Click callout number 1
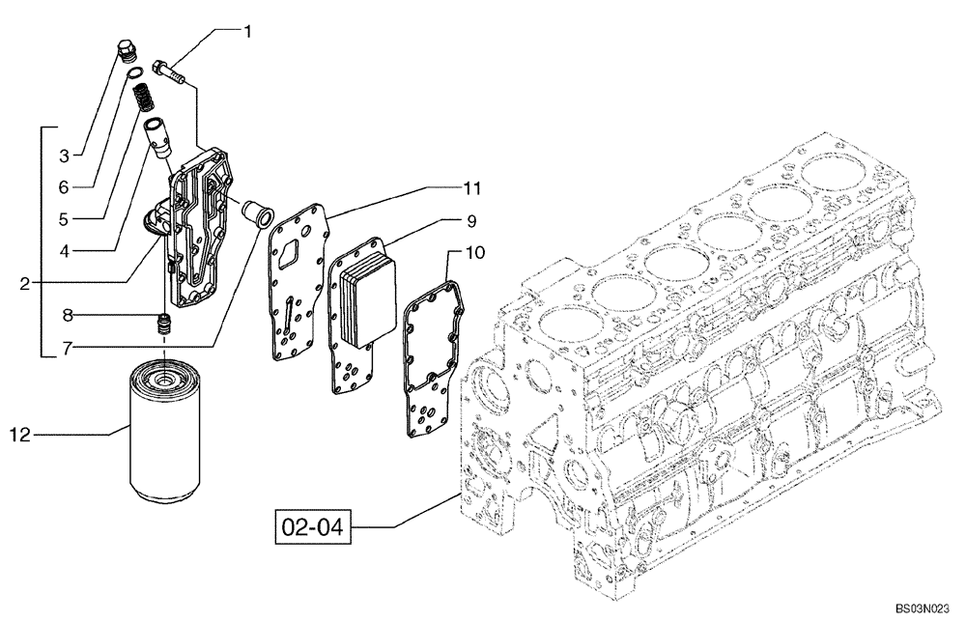click(247, 32)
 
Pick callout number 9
click(472, 220)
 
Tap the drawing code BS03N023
click(924, 610)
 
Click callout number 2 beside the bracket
click(26, 283)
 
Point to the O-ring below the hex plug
click(137, 73)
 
